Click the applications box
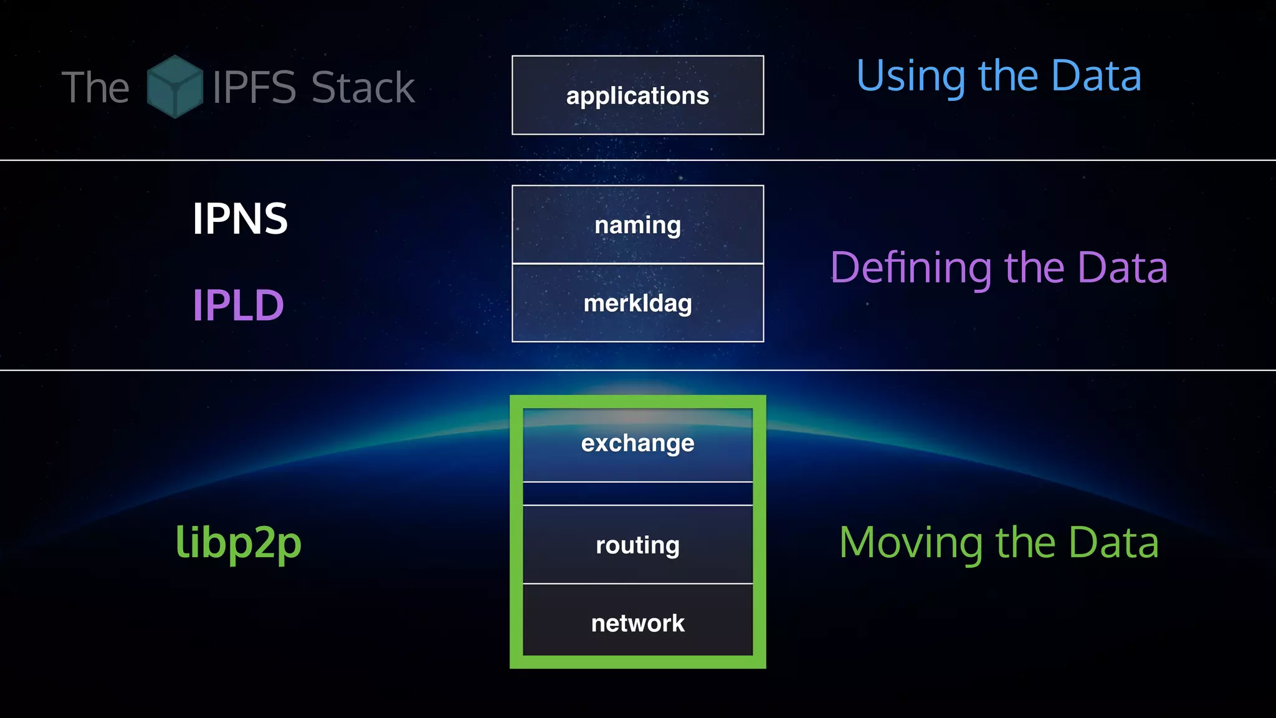[637, 95]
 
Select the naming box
[637, 225]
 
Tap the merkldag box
[637, 304]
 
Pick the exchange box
[637, 444]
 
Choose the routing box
[637, 545]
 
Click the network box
[637, 622]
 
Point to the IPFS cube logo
[174, 87]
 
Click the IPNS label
[240, 219]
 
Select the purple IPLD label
[238, 305]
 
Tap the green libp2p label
[238, 542]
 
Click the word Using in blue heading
[911, 76]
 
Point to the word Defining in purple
[911, 268]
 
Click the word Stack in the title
[363, 87]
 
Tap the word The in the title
[95, 87]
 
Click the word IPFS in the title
[254, 87]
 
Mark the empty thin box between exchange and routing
[637, 494]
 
